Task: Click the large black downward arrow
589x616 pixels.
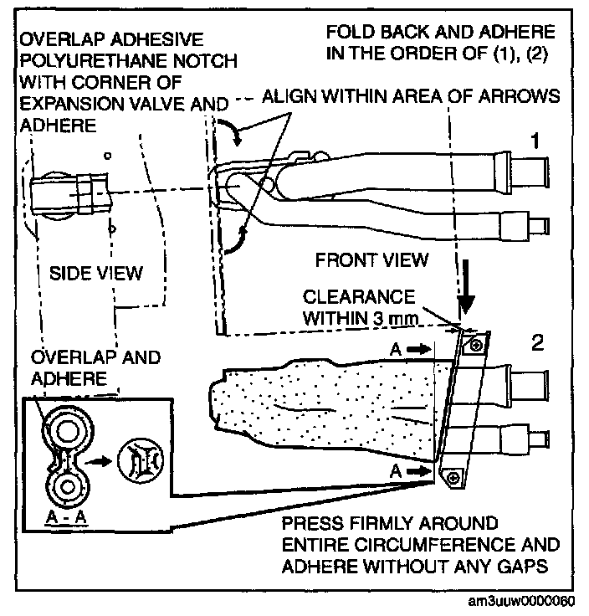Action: point(466,292)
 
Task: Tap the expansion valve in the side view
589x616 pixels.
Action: point(69,195)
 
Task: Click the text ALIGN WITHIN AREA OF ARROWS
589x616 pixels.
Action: point(410,97)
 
